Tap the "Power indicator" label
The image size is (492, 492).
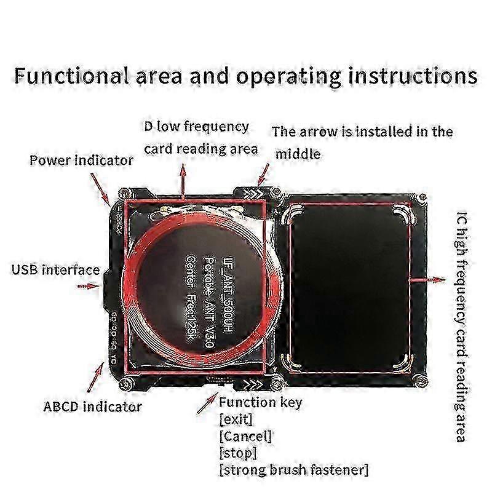[81, 161]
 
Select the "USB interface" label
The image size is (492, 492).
[55, 269]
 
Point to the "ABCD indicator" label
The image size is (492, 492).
[92, 407]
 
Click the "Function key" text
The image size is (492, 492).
[260, 403]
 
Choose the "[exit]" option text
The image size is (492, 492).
[236, 420]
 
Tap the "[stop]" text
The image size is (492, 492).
[237, 453]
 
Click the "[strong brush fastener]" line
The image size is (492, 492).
[293, 470]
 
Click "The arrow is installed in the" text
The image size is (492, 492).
[362, 132]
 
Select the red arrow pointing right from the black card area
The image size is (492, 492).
[428, 279]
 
